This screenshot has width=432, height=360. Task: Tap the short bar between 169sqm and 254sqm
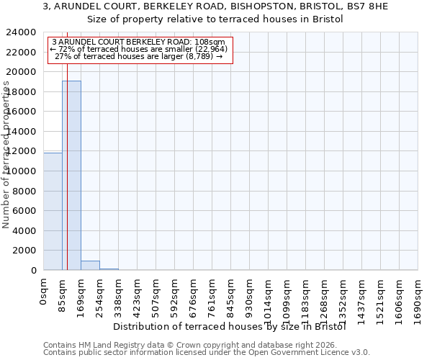(90, 265)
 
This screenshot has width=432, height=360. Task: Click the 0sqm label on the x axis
(44, 291)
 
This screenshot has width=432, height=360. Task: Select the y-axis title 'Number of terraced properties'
(6, 155)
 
